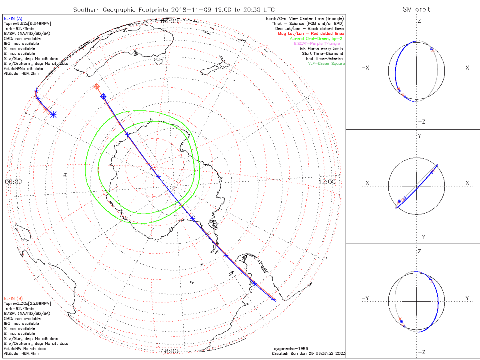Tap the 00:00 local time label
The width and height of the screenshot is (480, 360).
(x=14, y=182)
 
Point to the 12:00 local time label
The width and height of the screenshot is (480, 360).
(x=328, y=182)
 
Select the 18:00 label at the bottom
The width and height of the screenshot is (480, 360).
(x=169, y=351)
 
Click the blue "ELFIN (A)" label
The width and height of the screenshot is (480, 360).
(x=14, y=18)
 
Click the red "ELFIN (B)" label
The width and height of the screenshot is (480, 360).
(x=14, y=298)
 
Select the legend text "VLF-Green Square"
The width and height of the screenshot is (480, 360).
(x=326, y=64)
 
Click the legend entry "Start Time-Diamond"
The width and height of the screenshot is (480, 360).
(x=323, y=54)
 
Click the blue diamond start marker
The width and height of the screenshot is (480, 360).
(x=103, y=96)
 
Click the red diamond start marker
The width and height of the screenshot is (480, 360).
(x=96, y=86)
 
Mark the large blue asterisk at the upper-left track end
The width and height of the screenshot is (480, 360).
(x=54, y=114)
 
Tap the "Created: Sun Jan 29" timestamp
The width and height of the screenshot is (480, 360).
(x=308, y=353)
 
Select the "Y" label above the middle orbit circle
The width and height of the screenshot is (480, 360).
(x=419, y=136)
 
